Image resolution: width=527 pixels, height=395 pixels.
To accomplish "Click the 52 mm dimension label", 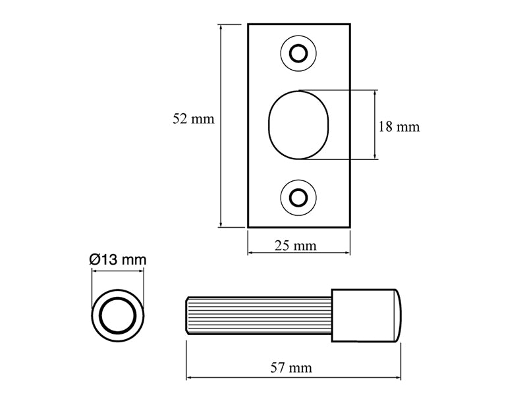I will (x=193, y=119).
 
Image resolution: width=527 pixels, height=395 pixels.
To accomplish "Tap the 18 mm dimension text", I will (x=399, y=127).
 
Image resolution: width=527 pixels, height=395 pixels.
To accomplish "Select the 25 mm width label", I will (x=296, y=246).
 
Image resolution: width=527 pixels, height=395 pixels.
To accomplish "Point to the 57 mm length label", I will (x=291, y=367).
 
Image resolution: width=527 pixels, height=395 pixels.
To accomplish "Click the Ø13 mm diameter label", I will (x=117, y=259).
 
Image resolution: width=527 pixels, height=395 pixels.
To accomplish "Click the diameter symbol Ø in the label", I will (x=94, y=259).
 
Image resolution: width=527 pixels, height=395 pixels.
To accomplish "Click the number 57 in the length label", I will (x=281, y=367).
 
